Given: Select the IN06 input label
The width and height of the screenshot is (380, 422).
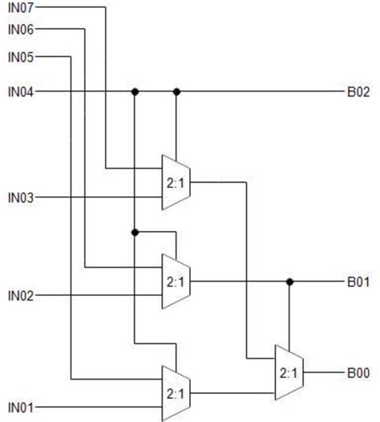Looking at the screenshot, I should point(20,30).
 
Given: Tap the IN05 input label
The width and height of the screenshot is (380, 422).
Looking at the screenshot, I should point(20,57).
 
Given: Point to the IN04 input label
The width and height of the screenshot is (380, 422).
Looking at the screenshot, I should point(20,91).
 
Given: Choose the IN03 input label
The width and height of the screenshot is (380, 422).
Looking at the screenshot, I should point(20,197).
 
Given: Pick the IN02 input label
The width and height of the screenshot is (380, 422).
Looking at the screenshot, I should point(20,297).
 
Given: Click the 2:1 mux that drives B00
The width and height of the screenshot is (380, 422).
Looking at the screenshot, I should point(289,373).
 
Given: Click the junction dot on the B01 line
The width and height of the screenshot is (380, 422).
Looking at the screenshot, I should point(289,282).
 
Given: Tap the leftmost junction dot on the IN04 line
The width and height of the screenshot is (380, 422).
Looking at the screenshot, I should point(135,91).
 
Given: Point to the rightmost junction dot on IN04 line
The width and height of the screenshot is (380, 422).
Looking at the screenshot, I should point(176,91).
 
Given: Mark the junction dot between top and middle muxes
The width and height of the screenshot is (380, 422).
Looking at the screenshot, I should point(135,232).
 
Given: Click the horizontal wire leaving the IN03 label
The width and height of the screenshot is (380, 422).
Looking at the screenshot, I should point(96,197).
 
